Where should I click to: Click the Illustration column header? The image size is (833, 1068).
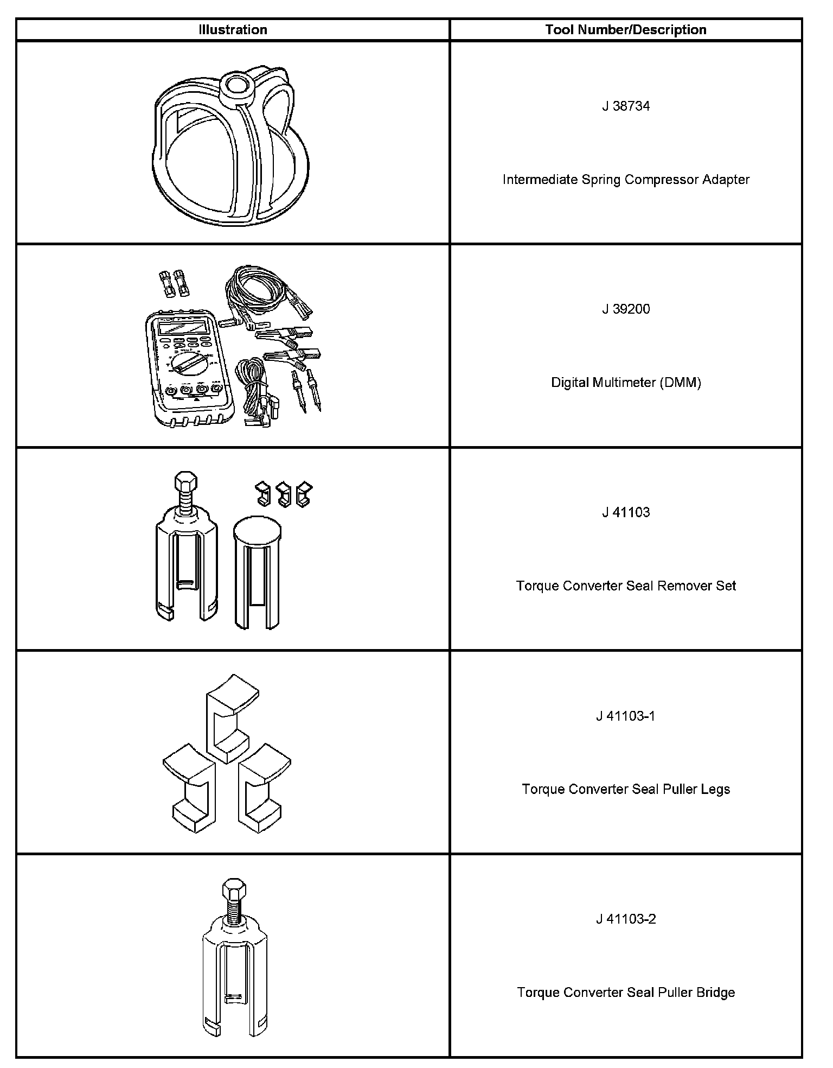click(233, 30)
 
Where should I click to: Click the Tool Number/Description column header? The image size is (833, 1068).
click(626, 30)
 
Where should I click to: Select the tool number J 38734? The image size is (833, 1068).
click(626, 106)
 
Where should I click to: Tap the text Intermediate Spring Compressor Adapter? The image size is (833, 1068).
click(626, 180)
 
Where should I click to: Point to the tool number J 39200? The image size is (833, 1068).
click(626, 309)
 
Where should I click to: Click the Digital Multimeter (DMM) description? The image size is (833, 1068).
click(626, 383)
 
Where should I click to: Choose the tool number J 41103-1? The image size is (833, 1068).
click(626, 716)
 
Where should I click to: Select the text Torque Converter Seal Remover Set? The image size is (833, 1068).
click(626, 586)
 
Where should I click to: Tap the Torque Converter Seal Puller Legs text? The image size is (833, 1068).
click(626, 789)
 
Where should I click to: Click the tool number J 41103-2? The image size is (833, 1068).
click(626, 919)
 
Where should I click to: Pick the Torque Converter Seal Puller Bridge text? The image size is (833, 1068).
click(626, 993)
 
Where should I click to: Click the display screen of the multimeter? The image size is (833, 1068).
click(182, 327)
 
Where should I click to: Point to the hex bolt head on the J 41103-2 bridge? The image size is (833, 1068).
click(234, 891)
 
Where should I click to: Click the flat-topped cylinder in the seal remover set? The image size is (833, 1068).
click(257, 570)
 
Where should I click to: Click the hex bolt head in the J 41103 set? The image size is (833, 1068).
click(185, 481)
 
